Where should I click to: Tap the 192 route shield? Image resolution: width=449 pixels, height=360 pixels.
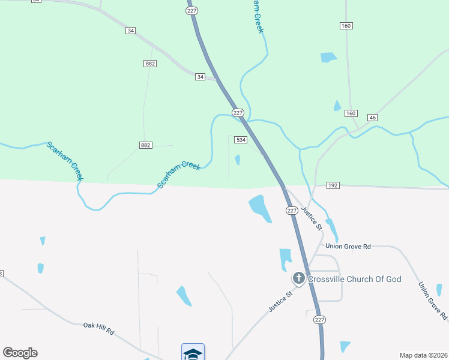(333, 186)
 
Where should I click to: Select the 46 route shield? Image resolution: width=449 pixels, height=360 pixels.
(372, 118)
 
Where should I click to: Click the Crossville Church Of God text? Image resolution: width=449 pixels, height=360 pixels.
(354, 279)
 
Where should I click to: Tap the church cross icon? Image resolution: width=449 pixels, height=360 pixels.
(298, 278)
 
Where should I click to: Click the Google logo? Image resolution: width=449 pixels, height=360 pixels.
(20, 353)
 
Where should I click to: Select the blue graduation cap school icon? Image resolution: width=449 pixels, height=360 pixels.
(193, 353)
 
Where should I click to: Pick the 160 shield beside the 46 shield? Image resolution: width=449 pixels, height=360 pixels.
(351, 113)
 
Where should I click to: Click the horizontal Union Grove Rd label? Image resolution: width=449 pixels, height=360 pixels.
(348, 246)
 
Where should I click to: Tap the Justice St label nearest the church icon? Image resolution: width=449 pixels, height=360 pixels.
(280, 301)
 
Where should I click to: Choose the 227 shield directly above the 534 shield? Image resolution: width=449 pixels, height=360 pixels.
(238, 113)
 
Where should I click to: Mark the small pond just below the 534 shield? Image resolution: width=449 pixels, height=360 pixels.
(238, 160)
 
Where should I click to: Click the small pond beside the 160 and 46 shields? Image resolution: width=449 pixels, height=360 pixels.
(337, 106)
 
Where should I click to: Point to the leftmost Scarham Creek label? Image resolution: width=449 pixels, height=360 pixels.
(64, 161)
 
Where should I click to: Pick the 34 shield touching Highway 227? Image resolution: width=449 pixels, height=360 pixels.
(200, 77)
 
